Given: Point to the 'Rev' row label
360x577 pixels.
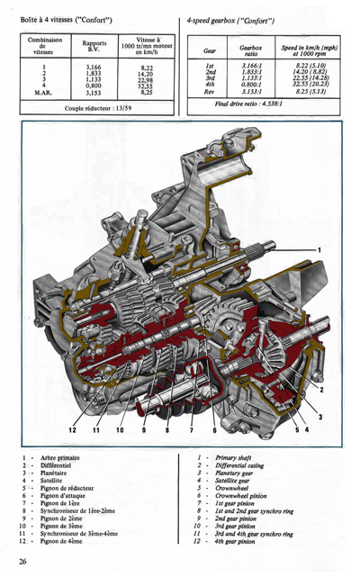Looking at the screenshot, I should (x=209, y=91).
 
